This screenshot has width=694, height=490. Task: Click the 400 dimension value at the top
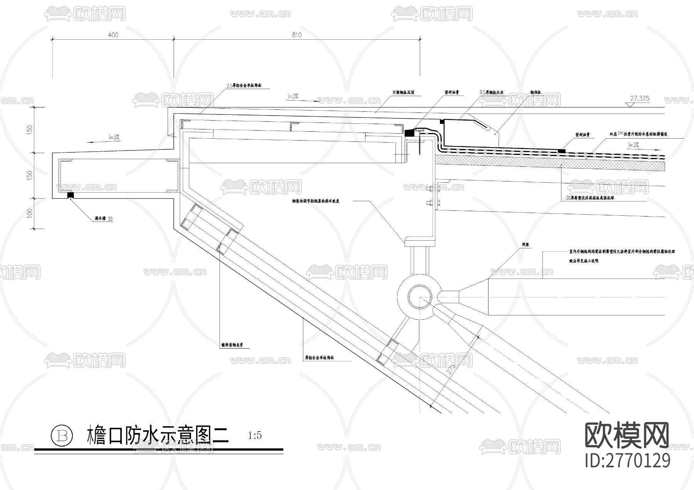(x=113, y=35)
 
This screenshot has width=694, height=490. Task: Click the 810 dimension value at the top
(x=296, y=35)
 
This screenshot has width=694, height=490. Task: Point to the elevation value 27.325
(x=640, y=98)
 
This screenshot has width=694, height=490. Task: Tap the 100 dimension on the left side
(x=30, y=213)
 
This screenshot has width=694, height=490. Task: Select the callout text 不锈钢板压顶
(x=403, y=93)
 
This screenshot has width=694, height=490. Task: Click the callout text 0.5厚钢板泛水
(x=492, y=93)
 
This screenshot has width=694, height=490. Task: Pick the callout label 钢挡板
(x=536, y=93)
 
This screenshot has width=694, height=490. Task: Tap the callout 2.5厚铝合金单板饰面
(x=244, y=86)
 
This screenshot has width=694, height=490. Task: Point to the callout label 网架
(x=525, y=245)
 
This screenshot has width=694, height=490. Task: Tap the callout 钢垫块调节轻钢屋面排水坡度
(x=315, y=201)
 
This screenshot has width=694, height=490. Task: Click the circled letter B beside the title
(x=62, y=436)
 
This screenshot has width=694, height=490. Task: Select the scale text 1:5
(x=255, y=436)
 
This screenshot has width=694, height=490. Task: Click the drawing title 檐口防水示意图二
(x=158, y=435)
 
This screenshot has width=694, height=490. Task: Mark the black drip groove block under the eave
(x=71, y=195)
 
